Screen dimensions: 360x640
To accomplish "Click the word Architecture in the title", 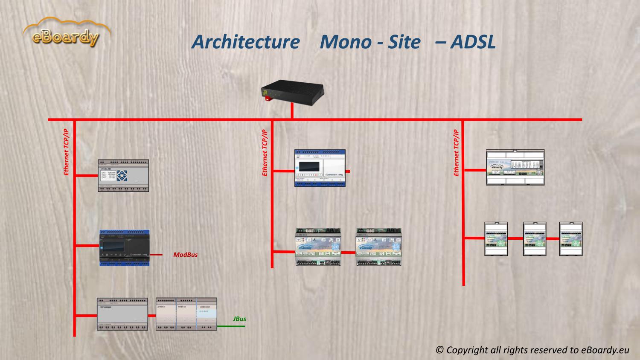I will point(245,42).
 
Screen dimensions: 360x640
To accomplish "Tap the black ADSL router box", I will point(293,91).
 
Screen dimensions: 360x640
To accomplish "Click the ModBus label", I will point(185,255).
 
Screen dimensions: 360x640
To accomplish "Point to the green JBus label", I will point(239,319).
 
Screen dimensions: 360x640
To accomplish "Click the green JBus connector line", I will point(231,326).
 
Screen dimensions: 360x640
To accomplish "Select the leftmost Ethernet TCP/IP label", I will point(66,152).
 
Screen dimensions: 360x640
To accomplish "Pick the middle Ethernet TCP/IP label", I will point(265,152).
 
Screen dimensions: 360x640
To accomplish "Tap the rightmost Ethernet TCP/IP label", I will point(456,152).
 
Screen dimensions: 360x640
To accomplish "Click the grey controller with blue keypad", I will point(123,175).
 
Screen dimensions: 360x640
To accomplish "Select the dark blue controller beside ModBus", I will point(124,248).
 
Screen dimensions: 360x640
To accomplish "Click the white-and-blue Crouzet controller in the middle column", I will point(320,168).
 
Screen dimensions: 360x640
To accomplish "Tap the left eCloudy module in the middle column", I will point(318,247).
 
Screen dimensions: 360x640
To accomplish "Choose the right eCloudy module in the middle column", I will point(379,247).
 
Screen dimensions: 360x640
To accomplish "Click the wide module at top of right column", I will point(515,167).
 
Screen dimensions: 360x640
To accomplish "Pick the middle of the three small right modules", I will point(535,239).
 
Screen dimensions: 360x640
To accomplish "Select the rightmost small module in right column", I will point(571,239).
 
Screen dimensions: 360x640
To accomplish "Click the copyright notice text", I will point(532,350).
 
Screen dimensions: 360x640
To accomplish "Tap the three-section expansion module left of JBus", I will point(186,314).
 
